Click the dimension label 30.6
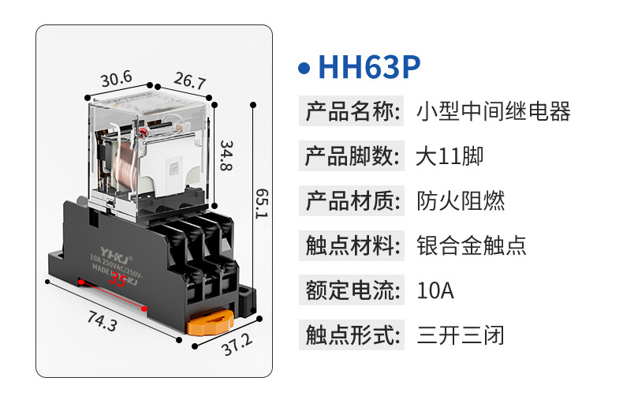pyautogui.click(x=116, y=79)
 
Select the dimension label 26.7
pyautogui.click(x=189, y=81)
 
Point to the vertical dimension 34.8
pyautogui.click(x=226, y=156)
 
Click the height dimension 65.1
pyautogui.click(x=261, y=204)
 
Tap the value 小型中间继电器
pyautogui.click(x=493, y=111)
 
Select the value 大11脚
pyautogui.click(x=450, y=155)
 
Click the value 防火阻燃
pyautogui.click(x=461, y=200)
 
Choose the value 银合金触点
pyautogui.click(x=472, y=245)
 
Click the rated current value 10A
pyautogui.click(x=435, y=290)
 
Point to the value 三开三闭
pyautogui.click(x=461, y=335)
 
